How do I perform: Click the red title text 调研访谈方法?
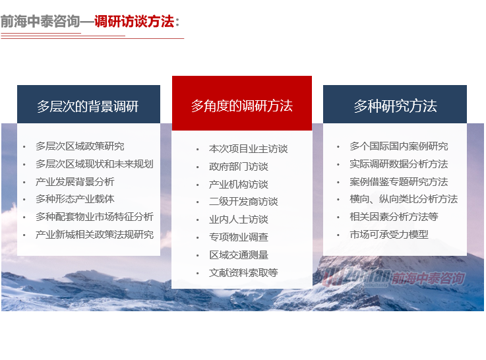point(135,22)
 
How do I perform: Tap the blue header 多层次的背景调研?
point(88,106)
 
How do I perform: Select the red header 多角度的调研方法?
point(241,105)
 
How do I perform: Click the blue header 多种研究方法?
point(395,106)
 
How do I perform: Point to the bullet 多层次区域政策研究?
point(79,146)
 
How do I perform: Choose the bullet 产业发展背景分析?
point(75,181)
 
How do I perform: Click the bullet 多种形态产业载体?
point(75,199)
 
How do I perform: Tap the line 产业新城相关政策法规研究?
point(94,234)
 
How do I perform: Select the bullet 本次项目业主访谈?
point(248,149)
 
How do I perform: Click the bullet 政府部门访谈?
point(238,166)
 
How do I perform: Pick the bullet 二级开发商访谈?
point(243,202)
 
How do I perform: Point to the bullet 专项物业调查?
point(238,237)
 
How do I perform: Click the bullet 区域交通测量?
point(238,255)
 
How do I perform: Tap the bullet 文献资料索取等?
point(243,272)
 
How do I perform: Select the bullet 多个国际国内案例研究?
point(398,146)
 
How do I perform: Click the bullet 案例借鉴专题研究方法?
point(398,181)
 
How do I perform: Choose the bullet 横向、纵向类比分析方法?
point(403,199)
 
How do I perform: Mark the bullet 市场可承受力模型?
point(388,234)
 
